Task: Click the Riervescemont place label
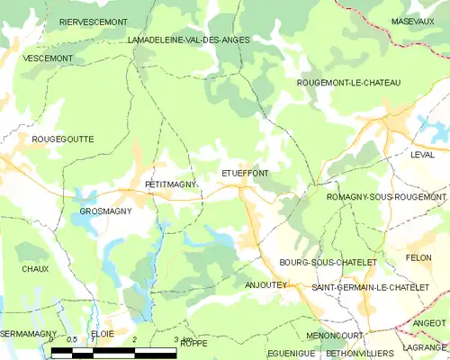click(x=93, y=21)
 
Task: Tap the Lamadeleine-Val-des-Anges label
click(x=188, y=40)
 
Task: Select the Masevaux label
click(x=414, y=21)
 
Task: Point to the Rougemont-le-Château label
click(x=348, y=83)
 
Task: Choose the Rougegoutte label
click(x=62, y=139)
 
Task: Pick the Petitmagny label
click(x=170, y=185)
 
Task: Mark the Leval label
click(x=422, y=155)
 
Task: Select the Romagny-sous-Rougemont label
click(x=386, y=197)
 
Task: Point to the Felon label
click(x=418, y=258)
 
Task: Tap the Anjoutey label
click(x=265, y=284)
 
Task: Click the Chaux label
click(x=35, y=269)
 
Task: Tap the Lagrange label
click(x=425, y=347)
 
